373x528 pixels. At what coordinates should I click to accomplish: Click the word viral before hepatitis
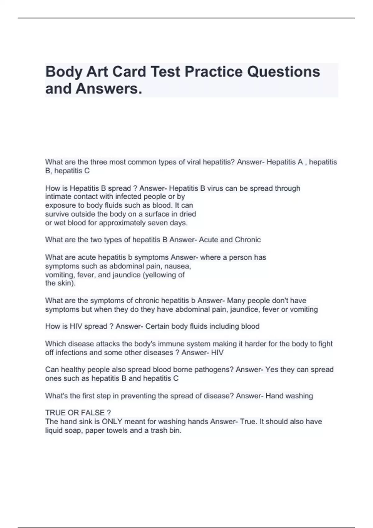(x=193, y=162)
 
